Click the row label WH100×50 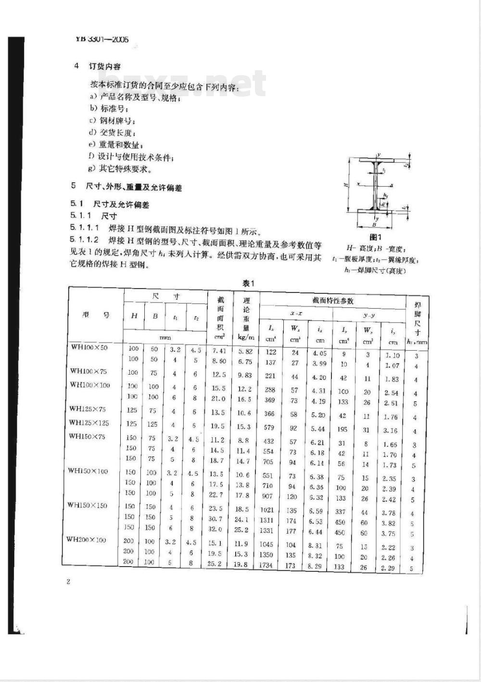tap(89, 347)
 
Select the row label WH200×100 tap(86, 540)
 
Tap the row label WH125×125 tap(89, 423)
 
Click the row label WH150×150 tap(87, 505)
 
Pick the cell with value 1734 tap(266, 565)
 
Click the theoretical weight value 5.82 tap(244, 352)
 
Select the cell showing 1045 tap(266, 544)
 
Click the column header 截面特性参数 tap(333, 301)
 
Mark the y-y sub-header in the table tap(369, 315)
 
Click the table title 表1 tap(248, 283)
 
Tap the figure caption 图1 tap(375, 237)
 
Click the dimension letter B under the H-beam tap(374, 224)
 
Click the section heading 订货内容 tap(104, 66)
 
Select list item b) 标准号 tap(108, 108)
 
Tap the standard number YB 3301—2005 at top tap(102, 40)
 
